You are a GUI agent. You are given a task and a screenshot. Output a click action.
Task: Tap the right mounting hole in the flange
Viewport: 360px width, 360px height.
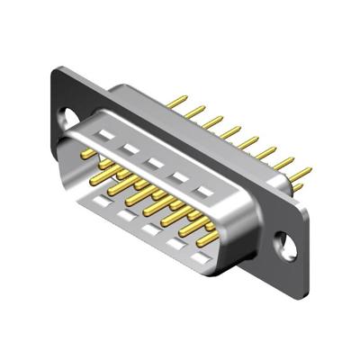click(x=288, y=242)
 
